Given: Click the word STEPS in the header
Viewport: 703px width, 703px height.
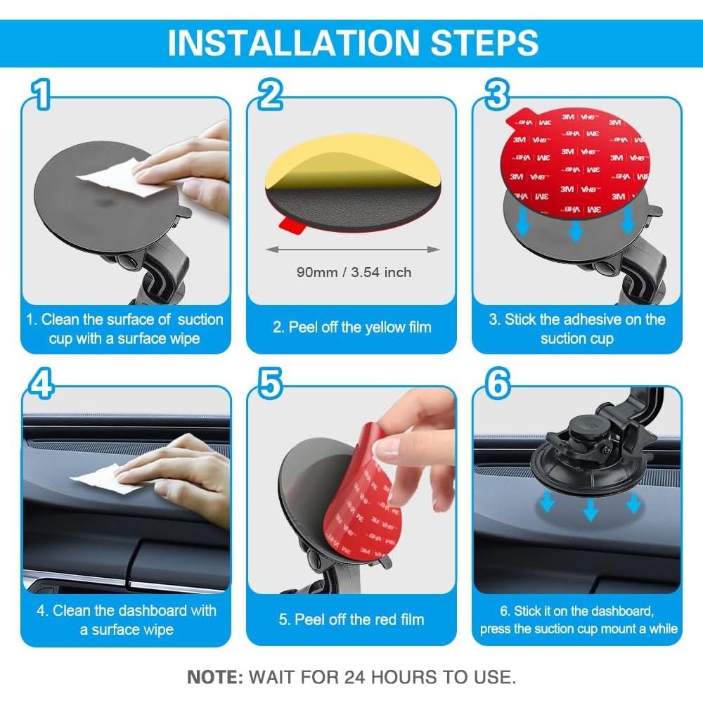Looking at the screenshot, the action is tap(484, 43).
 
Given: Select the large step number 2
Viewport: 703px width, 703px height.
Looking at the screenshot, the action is tap(270, 93).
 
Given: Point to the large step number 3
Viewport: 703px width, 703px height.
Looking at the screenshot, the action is tap(497, 93).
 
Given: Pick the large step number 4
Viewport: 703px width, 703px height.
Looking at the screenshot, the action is tap(41, 383).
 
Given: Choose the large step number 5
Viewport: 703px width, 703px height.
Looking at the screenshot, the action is tap(271, 383).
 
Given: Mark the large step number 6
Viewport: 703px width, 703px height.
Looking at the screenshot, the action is tap(498, 383).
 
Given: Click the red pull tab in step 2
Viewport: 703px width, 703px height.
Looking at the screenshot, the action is tap(292, 225).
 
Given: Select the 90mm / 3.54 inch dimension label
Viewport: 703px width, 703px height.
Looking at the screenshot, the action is tap(354, 272).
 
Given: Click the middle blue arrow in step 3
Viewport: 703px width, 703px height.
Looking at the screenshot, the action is tap(575, 230).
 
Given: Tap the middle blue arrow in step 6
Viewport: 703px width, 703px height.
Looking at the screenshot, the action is tap(590, 509).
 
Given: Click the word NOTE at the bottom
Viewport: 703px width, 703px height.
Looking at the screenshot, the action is tap(215, 677).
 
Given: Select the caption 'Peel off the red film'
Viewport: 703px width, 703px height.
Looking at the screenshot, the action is tap(351, 619).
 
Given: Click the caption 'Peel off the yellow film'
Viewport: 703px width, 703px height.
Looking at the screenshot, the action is tap(352, 328).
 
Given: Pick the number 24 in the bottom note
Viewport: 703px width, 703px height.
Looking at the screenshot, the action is tap(354, 677).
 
